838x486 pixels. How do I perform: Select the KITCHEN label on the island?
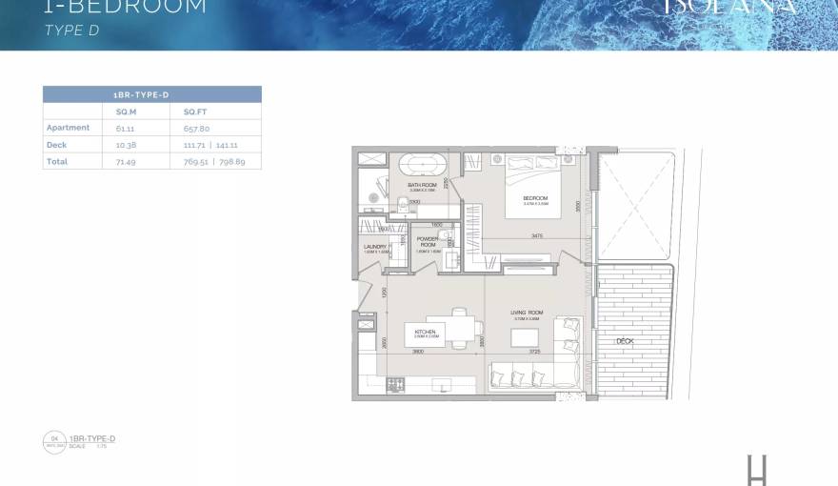coord(425,332)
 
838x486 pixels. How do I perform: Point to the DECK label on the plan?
coord(625,340)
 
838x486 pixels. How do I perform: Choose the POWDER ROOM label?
coord(428,241)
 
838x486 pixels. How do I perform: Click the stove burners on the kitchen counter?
coord(398,384)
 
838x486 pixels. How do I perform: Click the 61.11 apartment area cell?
coord(124,128)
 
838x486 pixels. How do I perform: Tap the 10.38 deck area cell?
coord(124,145)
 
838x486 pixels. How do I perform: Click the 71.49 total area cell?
coord(124,162)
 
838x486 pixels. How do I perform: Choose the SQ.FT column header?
coord(194,111)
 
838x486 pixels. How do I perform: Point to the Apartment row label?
coord(68,128)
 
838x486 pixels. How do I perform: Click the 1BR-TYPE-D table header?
coord(152,94)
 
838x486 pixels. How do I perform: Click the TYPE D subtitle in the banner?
coord(72,30)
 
